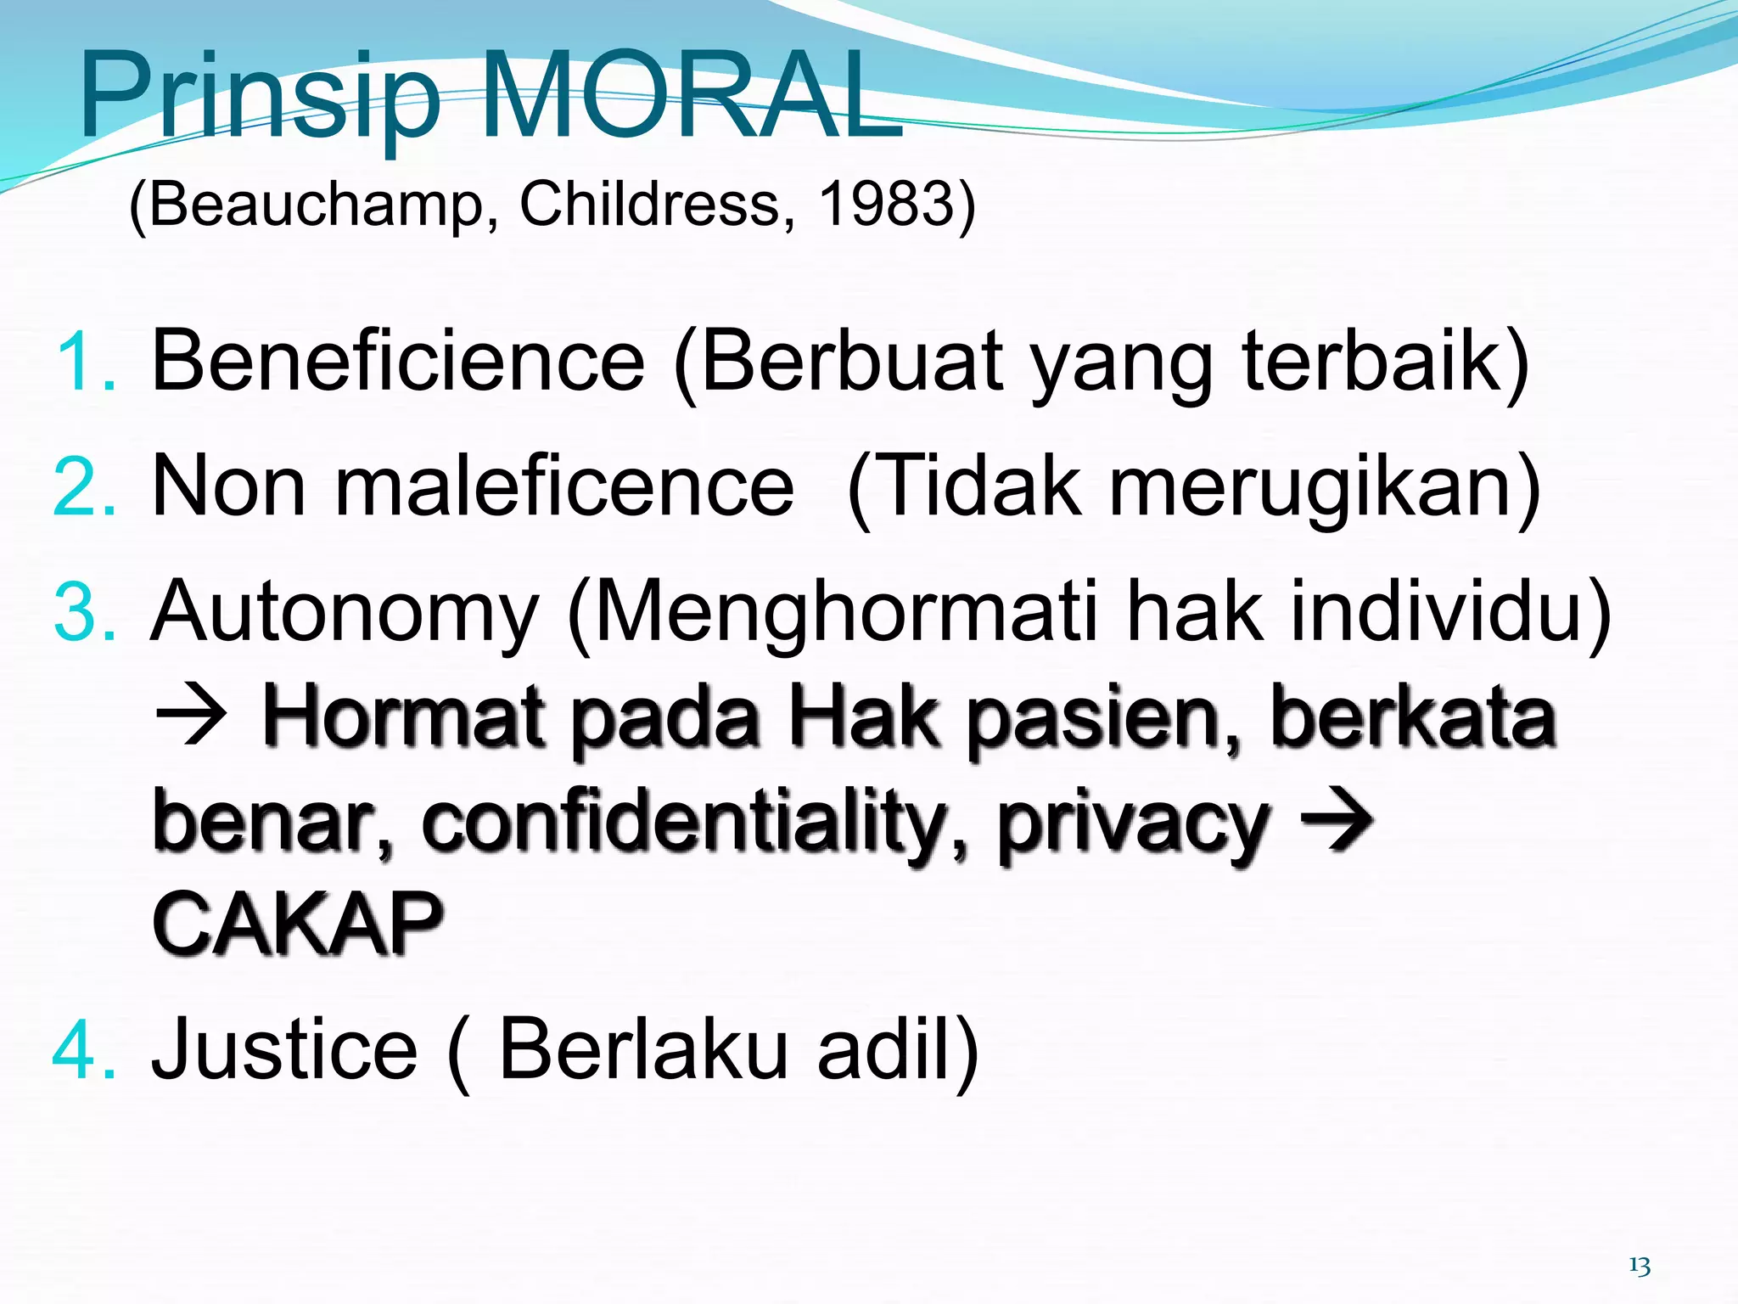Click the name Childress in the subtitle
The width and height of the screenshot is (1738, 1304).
pos(649,205)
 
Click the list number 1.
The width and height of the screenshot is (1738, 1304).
pos(85,363)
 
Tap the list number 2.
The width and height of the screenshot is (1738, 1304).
pos(85,487)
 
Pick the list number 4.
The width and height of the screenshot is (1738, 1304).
pos(85,1052)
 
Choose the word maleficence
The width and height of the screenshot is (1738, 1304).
pos(564,486)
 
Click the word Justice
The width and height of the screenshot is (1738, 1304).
pos(284,1051)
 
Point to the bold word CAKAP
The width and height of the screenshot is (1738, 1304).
pos(297,924)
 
